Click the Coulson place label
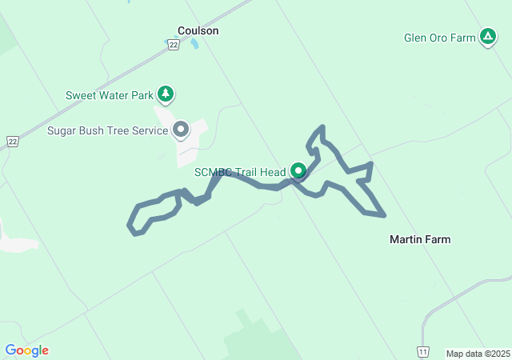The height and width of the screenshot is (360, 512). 198,31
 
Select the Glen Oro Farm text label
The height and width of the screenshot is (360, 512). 439,37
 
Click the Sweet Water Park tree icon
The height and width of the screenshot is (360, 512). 166,95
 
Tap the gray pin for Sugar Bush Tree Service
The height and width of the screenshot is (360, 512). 182,129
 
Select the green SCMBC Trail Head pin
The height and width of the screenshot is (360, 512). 298,171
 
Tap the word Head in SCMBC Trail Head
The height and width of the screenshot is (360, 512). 272,172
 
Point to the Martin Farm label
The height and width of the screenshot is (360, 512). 419,239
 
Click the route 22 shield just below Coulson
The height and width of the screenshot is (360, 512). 173,46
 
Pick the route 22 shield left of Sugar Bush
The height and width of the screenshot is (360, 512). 12,141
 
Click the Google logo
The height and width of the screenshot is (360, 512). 26,350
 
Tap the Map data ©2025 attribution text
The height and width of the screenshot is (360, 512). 478,354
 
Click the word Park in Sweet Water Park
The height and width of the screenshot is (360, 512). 141,95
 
